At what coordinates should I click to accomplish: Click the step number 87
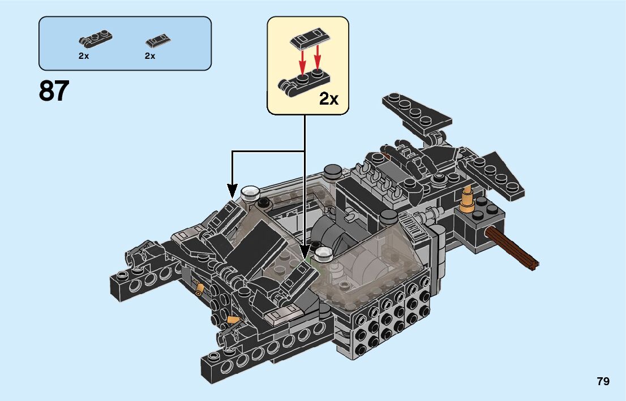pyautogui.click(x=54, y=91)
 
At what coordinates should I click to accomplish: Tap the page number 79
pyautogui.click(x=603, y=381)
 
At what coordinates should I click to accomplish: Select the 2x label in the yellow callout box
pyautogui.click(x=329, y=98)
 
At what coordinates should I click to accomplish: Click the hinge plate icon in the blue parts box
pyautogui.click(x=96, y=38)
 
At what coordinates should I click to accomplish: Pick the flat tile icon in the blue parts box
pyautogui.click(x=158, y=40)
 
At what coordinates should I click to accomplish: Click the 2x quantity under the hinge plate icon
pyautogui.click(x=84, y=56)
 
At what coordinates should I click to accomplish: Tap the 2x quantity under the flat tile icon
pyautogui.click(x=150, y=56)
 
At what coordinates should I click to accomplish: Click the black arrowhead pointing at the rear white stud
pyautogui.click(x=233, y=191)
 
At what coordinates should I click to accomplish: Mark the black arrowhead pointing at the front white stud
pyautogui.click(x=305, y=252)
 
